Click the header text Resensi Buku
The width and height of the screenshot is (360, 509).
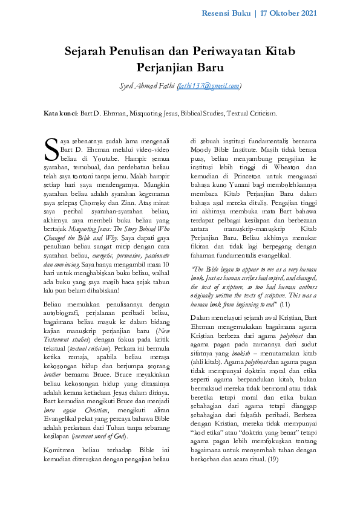226,13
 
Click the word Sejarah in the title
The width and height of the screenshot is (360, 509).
87,51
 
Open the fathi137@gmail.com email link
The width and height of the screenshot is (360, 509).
209,86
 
